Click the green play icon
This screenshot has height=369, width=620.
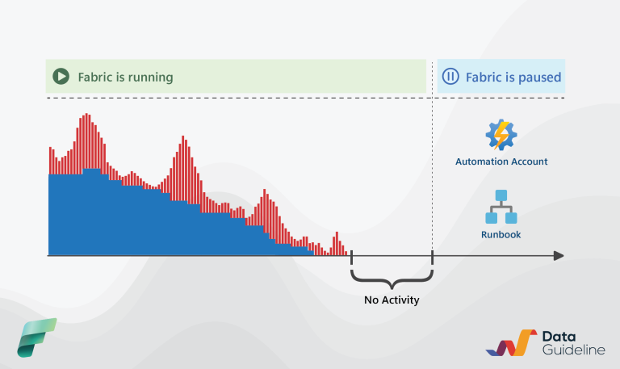pos(61,77)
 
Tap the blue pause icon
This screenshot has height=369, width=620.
pos(450,77)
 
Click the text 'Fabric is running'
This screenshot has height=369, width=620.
pos(125,78)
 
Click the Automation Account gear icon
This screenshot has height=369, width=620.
pos(501,135)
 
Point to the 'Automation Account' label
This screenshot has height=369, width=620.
pos(501,161)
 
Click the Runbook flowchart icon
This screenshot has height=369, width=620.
pos(501,207)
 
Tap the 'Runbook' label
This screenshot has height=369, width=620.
pos(501,235)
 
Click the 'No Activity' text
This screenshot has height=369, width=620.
pos(392,300)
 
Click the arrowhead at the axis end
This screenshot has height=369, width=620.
pos(558,256)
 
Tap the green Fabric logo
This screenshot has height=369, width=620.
pos(37,338)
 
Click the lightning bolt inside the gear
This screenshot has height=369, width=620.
pos(501,135)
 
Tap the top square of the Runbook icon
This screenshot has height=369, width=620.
pos(501,195)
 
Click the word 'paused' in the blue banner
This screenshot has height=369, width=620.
pos(538,78)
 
